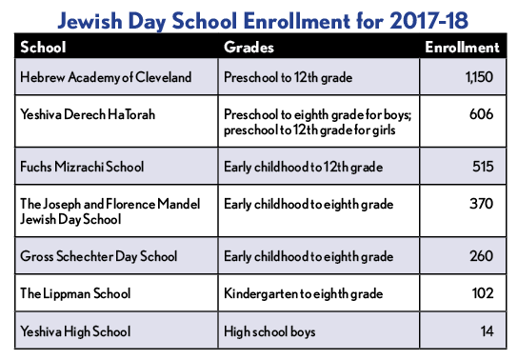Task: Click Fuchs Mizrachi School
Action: pyautogui.click(x=82, y=167)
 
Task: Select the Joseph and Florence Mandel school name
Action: pyautogui.click(x=103, y=210)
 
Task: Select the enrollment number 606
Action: pyautogui.click(x=482, y=114)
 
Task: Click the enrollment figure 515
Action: pyautogui.click(x=483, y=167)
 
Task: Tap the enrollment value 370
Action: pyautogui.click(x=482, y=204)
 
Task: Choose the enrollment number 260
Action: pyautogui.click(x=482, y=257)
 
